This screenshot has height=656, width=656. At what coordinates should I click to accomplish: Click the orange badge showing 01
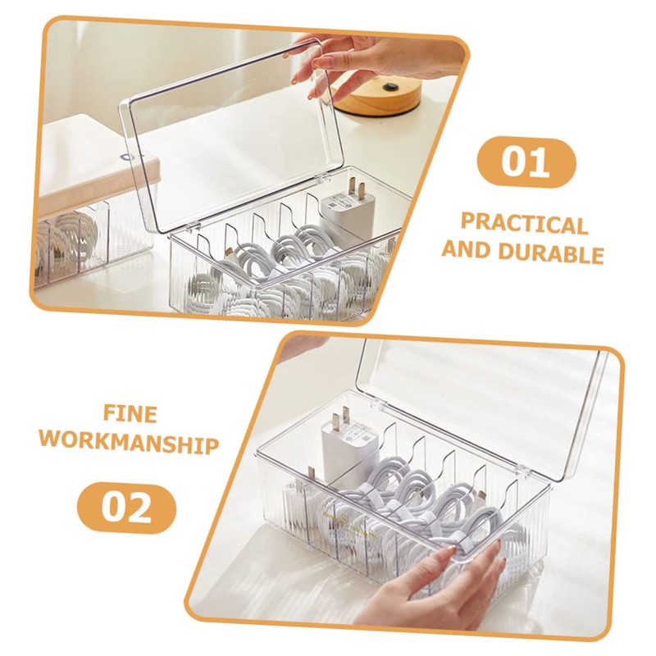point(526,162)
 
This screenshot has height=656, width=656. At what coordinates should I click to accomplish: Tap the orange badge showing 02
point(127,508)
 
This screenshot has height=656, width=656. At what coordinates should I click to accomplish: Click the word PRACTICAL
point(524,224)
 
